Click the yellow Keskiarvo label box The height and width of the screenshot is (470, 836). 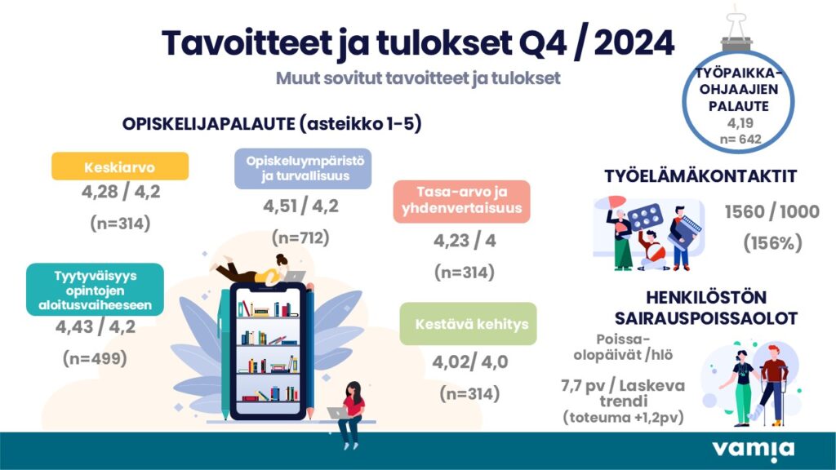click(x=120, y=166)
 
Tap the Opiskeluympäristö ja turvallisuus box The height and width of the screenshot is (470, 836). click(x=303, y=168)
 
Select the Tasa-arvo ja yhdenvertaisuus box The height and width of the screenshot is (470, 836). click(x=462, y=202)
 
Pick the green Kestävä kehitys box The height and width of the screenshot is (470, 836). click(x=468, y=324)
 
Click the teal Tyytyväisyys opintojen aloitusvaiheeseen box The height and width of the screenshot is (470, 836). click(x=95, y=290)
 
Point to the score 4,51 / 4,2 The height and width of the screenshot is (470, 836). click(x=300, y=206)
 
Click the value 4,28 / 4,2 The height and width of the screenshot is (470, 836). click(x=121, y=191)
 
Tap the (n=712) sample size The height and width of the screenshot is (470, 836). click(x=300, y=237)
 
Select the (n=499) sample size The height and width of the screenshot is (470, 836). click(x=95, y=358)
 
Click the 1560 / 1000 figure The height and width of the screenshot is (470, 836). click(x=772, y=211)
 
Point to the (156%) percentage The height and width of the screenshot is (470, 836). click(x=772, y=243)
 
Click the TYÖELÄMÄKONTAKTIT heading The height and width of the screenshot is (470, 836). click(x=700, y=176)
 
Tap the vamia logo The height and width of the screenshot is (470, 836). click(x=753, y=450)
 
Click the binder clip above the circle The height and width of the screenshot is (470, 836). click(x=737, y=30)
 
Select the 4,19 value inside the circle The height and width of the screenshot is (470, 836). click(x=740, y=123)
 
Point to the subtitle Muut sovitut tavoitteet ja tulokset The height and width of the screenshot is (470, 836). click(x=418, y=78)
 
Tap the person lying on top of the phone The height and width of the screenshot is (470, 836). click(x=256, y=269)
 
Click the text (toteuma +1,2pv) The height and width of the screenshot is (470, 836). click(x=623, y=417)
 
